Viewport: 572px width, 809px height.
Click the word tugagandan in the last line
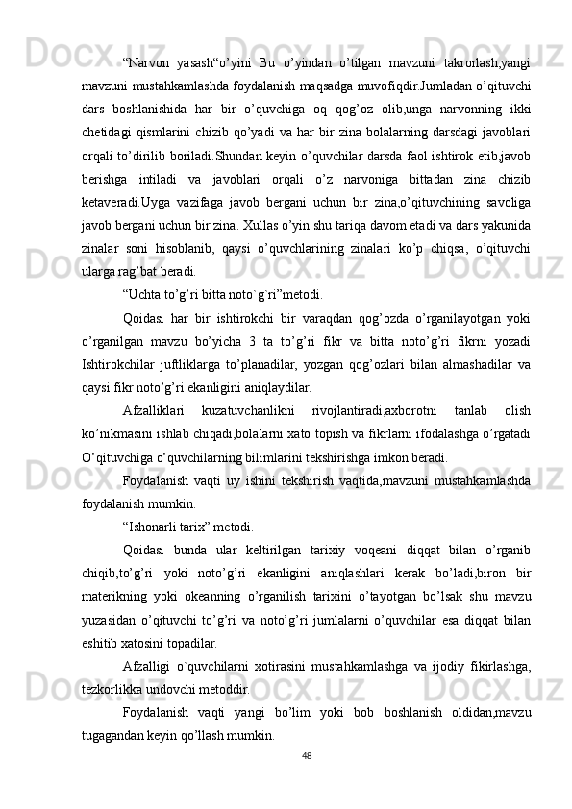[x=109, y=735]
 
